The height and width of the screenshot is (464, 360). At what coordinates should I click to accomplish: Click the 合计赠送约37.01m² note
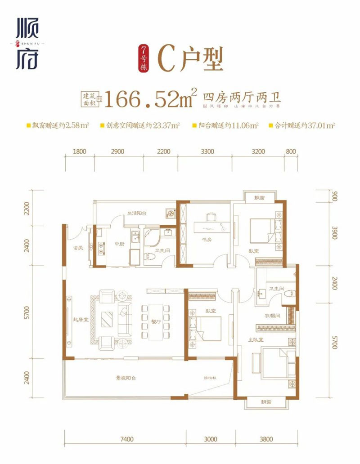[x=304, y=126]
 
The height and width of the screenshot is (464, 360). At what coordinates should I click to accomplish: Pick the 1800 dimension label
[x=79, y=152]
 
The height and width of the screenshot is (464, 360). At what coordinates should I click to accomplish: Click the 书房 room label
[x=207, y=245]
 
